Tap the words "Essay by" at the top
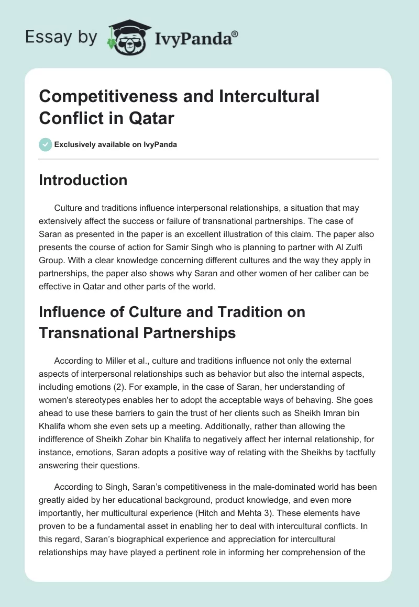[x=61, y=37]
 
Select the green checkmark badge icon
[x=46, y=144]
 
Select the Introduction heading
[x=83, y=180]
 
